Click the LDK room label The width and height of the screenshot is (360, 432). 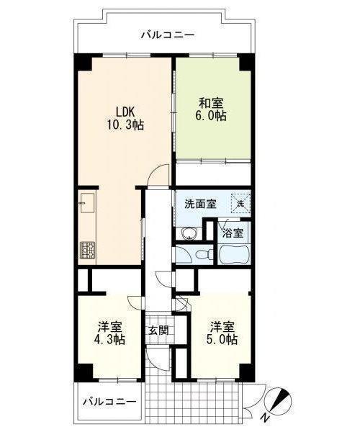(x=125, y=112)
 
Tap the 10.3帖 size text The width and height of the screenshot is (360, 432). (x=125, y=125)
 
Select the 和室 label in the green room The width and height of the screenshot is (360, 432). (x=211, y=103)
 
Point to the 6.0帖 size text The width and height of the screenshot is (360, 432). (x=211, y=116)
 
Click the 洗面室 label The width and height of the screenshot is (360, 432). (x=200, y=204)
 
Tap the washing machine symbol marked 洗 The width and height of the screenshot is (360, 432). (x=240, y=204)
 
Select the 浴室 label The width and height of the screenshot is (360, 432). (x=233, y=233)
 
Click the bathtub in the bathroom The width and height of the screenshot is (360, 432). (x=235, y=254)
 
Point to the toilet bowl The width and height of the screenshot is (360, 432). (x=204, y=254)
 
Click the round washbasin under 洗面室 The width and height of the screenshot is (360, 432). (x=189, y=233)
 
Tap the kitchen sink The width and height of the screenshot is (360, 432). (x=87, y=203)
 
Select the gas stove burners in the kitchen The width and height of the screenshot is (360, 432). (x=88, y=250)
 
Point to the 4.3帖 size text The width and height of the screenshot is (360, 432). (x=110, y=339)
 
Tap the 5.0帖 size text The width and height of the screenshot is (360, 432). (x=222, y=339)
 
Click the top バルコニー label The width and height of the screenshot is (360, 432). (x=168, y=35)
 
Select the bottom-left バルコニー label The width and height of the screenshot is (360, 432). (x=109, y=402)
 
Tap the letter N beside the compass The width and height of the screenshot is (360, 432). (x=265, y=418)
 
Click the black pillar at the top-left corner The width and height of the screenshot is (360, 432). (x=83, y=62)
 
